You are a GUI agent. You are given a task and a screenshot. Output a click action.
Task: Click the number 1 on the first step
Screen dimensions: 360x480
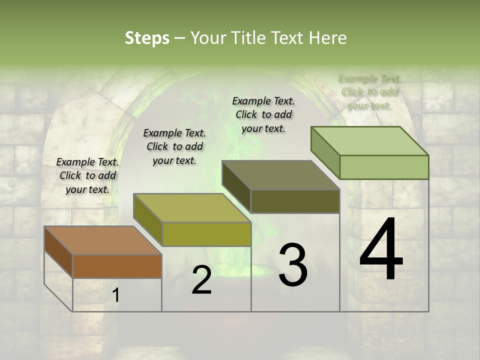[116, 295]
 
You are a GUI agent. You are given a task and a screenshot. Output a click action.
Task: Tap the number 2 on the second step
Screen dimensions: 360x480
[201, 280]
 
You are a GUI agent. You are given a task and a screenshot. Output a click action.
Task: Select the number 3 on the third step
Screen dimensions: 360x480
[293, 265]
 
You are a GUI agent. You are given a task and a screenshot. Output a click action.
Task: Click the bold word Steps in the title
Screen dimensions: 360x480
[147, 38]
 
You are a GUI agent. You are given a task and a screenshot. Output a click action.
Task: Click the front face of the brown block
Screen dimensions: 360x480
[117, 266]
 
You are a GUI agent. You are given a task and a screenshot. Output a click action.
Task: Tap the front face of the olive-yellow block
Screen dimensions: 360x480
[206, 234]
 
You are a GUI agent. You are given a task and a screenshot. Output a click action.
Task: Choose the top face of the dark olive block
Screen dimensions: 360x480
[280, 175]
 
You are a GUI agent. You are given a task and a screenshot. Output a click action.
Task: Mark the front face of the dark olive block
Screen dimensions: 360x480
[295, 201]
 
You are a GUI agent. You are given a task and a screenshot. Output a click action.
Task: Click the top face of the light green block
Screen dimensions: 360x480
[369, 141]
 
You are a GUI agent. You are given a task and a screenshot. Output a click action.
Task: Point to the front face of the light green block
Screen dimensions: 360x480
[384, 167]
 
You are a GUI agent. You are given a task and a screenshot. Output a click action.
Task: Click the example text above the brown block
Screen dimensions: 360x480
[87, 175]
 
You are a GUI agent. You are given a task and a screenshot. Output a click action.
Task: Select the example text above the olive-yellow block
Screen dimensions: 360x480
[174, 146]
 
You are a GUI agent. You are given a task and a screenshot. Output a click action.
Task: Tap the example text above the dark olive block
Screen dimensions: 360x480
[263, 114]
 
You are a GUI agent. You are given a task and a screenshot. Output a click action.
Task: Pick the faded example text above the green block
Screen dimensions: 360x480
[370, 92]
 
